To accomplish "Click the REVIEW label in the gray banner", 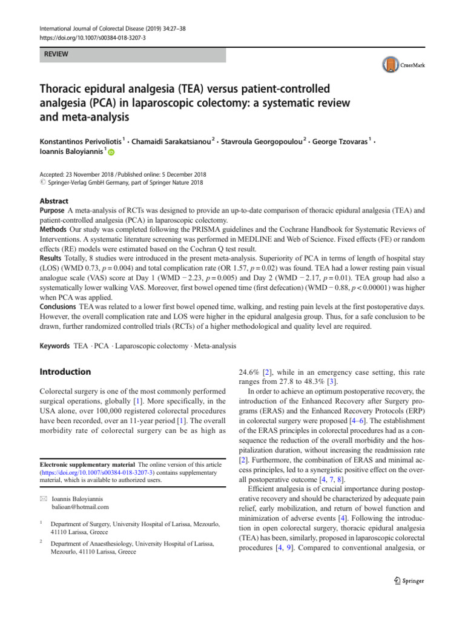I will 54,54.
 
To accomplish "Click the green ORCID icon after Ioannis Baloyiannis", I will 111,154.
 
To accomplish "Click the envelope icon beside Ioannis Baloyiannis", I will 42,498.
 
